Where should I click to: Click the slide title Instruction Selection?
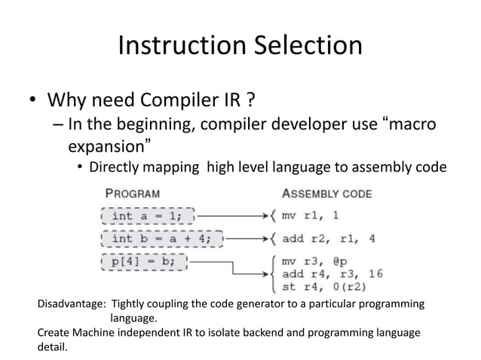(x=240, y=46)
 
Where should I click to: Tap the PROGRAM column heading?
(x=133, y=193)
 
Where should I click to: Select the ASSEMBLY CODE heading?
(x=326, y=193)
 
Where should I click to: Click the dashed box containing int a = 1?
(x=147, y=215)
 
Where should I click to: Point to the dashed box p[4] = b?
(x=143, y=263)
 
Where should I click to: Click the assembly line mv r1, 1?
(x=310, y=215)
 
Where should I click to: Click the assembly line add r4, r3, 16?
(x=332, y=273)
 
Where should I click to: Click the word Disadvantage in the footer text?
(x=72, y=304)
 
